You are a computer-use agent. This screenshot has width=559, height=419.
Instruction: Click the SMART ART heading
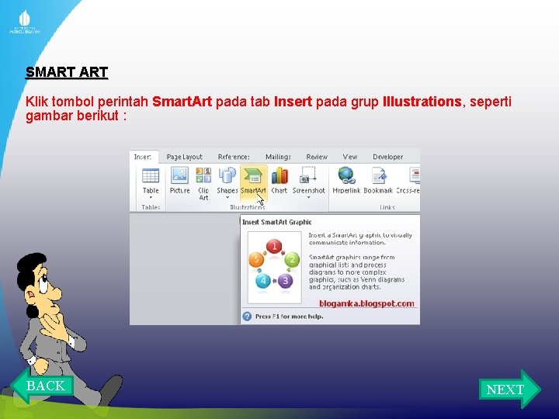point(67,73)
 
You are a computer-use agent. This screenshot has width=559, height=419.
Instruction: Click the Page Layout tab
point(184,157)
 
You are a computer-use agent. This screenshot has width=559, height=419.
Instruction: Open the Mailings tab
point(278,157)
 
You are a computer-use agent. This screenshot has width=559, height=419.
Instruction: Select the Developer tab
point(387,157)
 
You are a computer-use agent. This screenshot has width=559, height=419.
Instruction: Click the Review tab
point(317,157)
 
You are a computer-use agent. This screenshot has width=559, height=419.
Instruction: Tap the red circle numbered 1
point(273,247)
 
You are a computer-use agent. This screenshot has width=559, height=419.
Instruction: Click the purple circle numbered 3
point(285,280)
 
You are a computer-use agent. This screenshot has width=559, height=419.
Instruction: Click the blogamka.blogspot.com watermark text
point(366,303)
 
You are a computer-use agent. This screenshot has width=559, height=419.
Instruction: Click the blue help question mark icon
point(247,317)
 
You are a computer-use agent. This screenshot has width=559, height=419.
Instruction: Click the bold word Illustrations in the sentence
point(422,102)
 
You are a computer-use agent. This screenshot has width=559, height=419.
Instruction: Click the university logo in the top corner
point(25,23)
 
